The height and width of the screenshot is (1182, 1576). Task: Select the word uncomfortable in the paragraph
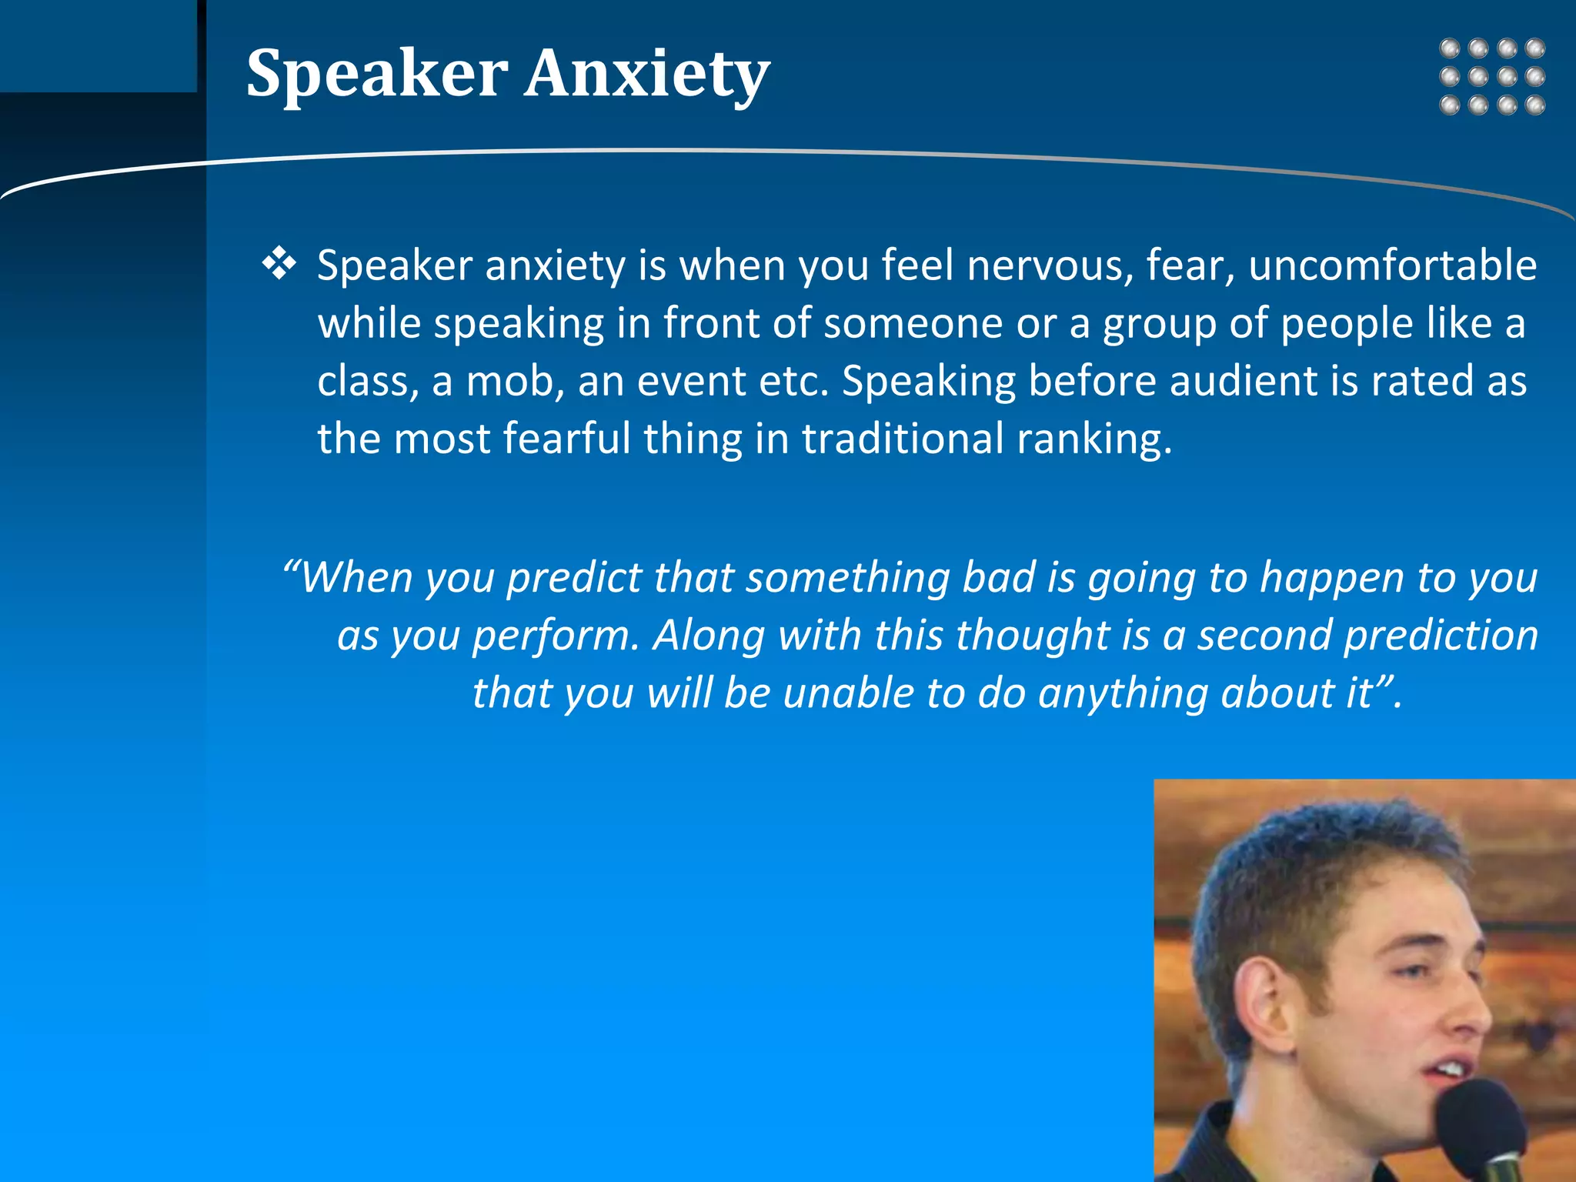[x=1392, y=265]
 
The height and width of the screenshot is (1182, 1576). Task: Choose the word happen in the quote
[x=1332, y=579]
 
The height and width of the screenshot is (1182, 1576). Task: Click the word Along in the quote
[x=708, y=636]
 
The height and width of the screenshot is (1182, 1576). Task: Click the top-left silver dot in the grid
[x=1450, y=48]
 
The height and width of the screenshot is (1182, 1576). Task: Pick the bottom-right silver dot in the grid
[x=1535, y=105]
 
